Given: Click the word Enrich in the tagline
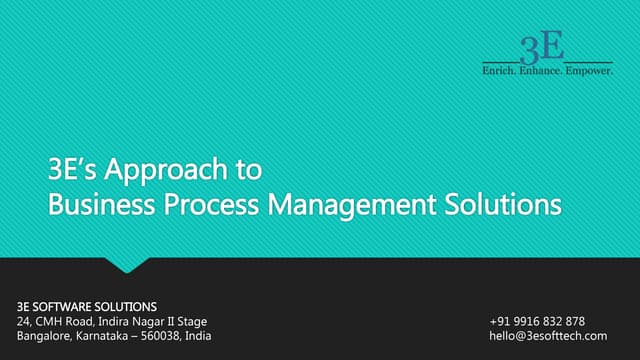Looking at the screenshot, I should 501,73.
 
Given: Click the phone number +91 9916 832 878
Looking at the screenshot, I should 537,321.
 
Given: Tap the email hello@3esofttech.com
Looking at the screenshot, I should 548,336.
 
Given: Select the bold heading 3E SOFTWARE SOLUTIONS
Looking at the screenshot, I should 88,305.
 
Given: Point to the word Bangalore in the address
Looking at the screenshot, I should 45,336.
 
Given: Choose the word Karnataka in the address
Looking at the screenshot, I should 106,336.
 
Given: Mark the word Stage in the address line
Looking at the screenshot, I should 192,321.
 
